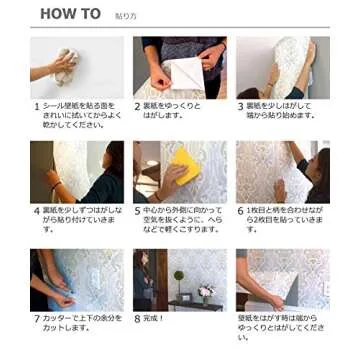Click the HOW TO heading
[70, 14]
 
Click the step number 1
[36, 104]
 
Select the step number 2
[137, 104]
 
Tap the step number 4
[36, 211]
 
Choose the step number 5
[137, 211]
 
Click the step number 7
[36, 319]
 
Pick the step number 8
[137, 319]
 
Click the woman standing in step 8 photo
[144, 280]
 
